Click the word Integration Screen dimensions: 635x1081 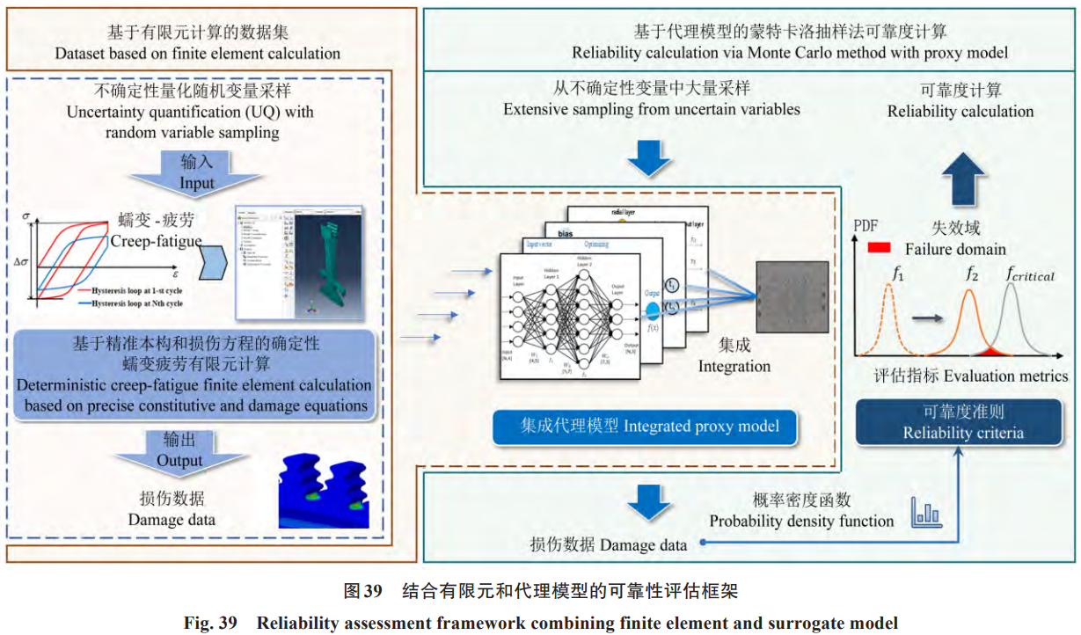[x=734, y=365]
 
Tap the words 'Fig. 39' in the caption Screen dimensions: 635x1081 [x=210, y=623]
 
